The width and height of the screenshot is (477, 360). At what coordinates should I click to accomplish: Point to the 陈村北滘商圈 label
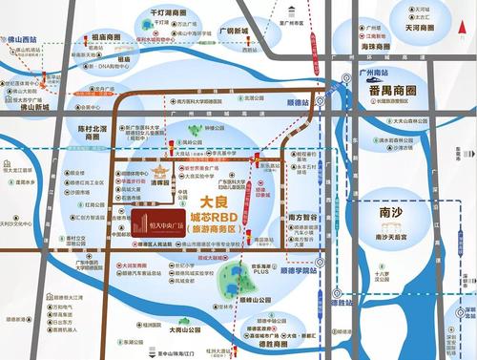(x=93, y=131)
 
